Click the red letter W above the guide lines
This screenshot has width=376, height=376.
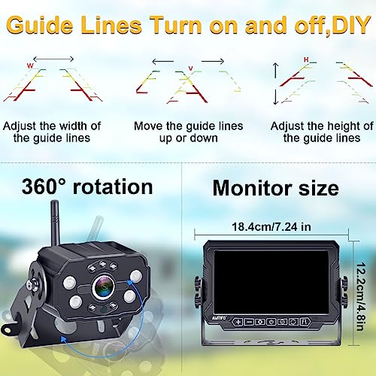pyautogui.click(x=29, y=66)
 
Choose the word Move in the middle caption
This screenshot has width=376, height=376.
pyautogui.click(x=149, y=126)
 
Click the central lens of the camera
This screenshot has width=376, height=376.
pyautogui.click(x=101, y=288)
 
